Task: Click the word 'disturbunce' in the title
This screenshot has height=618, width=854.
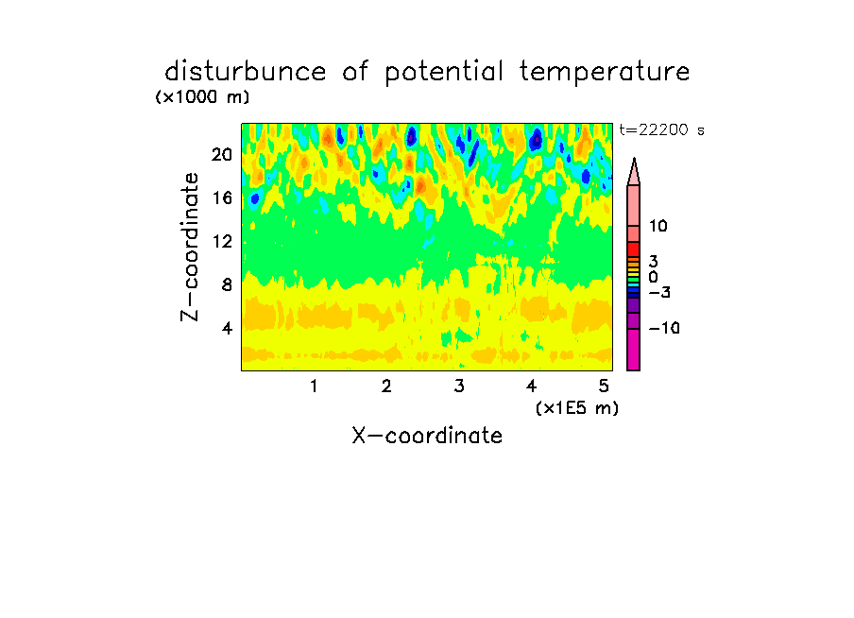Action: tap(245, 72)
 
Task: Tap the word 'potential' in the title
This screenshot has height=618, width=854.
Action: tap(443, 73)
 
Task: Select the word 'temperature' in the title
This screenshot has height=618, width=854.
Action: tap(605, 73)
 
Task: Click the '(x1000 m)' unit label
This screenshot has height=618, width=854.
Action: tap(202, 97)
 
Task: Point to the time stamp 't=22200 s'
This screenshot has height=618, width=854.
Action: tap(661, 130)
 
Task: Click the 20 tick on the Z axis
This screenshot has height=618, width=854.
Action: tap(222, 155)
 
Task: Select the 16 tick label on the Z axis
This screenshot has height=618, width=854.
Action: tap(222, 197)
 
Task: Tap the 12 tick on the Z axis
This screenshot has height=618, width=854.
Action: tap(222, 241)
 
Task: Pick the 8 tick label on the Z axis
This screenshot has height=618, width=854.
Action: tap(227, 284)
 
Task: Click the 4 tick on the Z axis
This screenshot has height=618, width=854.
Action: tap(227, 328)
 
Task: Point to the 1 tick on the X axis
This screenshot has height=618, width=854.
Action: tap(314, 386)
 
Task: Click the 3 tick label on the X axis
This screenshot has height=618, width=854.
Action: tap(459, 386)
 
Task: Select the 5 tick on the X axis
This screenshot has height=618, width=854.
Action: tap(604, 386)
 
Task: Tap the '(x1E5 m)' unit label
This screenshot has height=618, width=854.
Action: tap(577, 408)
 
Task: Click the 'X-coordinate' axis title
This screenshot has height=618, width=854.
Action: tap(427, 436)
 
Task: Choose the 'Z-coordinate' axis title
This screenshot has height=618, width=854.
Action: tap(190, 247)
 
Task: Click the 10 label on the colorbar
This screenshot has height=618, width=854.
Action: tap(658, 226)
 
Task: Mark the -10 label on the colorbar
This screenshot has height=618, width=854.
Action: tap(664, 328)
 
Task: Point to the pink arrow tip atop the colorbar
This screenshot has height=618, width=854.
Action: tap(634, 159)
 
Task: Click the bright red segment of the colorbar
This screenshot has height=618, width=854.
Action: tap(634, 249)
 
